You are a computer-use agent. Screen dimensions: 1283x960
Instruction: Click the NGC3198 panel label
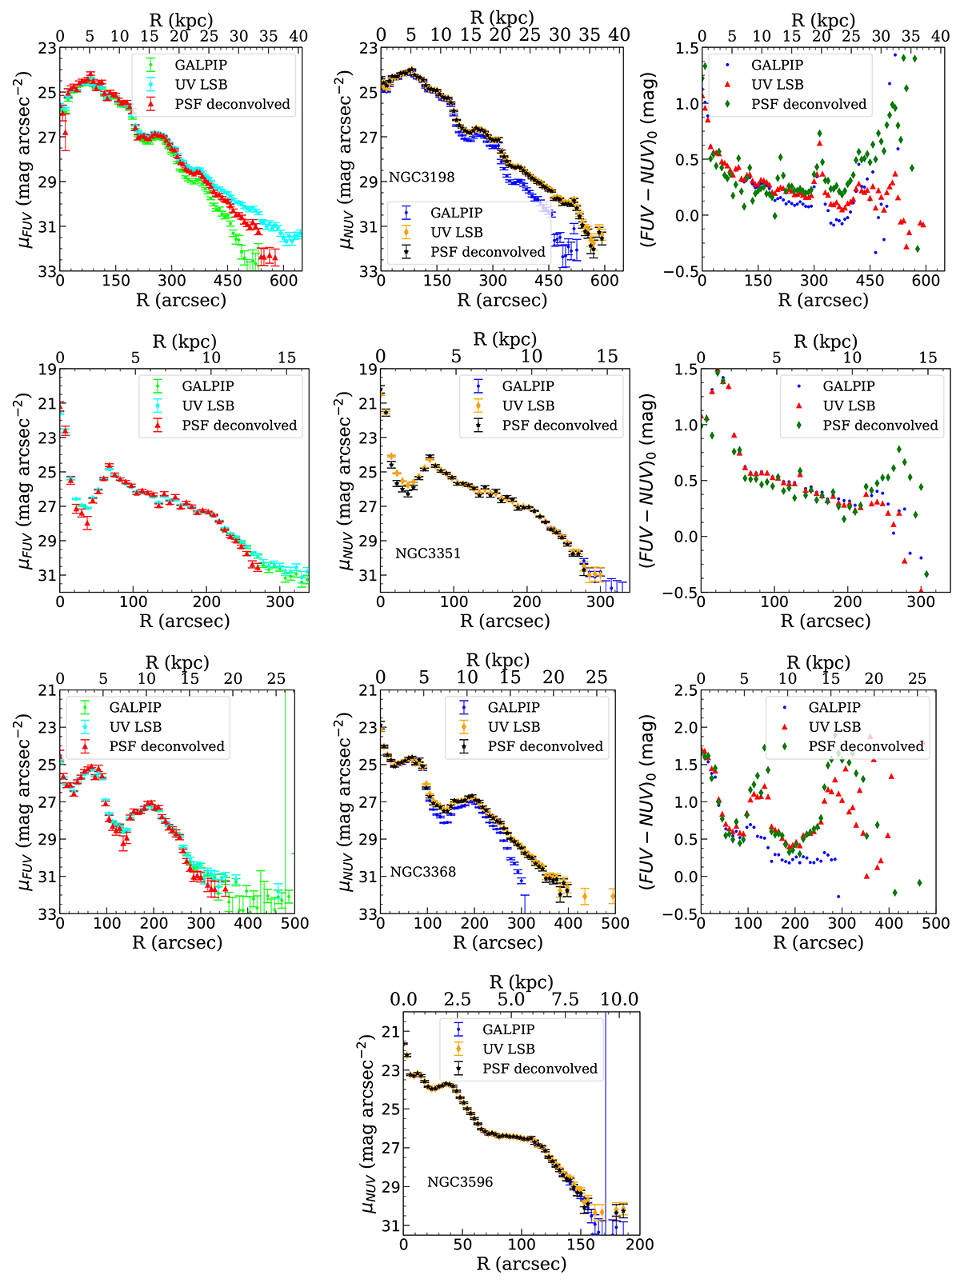pyautogui.click(x=422, y=177)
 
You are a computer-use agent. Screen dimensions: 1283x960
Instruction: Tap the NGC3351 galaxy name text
pyautogui.click(x=427, y=553)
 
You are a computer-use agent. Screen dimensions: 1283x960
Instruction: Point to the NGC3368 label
pyautogui.click(x=422, y=872)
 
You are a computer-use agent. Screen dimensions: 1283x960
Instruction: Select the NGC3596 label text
pyautogui.click(x=460, y=1181)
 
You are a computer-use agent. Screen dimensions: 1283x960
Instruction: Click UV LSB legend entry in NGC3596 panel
pyautogui.click(x=509, y=1049)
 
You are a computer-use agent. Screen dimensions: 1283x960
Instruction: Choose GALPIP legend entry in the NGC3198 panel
pyautogui.click(x=456, y=213)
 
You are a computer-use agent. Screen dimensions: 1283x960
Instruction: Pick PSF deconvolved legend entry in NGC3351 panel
pyautogui.click(x=560, y=426)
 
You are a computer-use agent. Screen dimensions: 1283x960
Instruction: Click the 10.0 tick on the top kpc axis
pyautogui.click(x=619, y=1000)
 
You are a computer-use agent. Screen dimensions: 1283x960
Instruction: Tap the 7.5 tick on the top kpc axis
pyautogui.click(x=566, y=1000)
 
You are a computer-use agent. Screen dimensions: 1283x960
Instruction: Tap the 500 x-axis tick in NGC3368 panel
pyautogui.click(x=615, y=924)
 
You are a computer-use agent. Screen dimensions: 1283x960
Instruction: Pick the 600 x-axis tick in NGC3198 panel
pyautogui.click(x=605, y=281)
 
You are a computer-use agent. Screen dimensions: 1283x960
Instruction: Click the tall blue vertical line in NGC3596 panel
pyautogui.click(x=606, y=1120)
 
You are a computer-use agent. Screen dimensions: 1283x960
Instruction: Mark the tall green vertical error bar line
pyautogui.click(x=286, y=800)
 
